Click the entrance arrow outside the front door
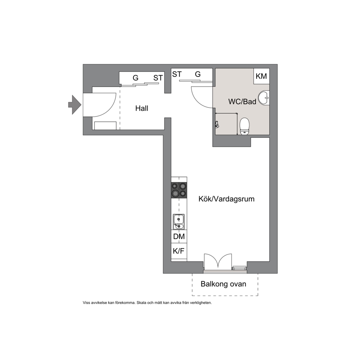point(75,105)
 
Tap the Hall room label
point(142,109)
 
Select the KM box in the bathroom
point(261,76)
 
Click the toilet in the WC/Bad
point(244,126)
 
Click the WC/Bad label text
point(242,102)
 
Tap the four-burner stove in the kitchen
point(179,190)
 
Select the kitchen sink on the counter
point(179,222)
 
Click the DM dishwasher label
point(179,237)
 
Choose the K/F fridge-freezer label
point(179,251)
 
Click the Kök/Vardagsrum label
point(226,199)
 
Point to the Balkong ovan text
point(224,284)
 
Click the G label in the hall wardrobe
point(135,78)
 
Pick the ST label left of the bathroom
point(177,74)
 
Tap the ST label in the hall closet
point(158,78)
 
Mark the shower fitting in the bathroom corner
point(217,124)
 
